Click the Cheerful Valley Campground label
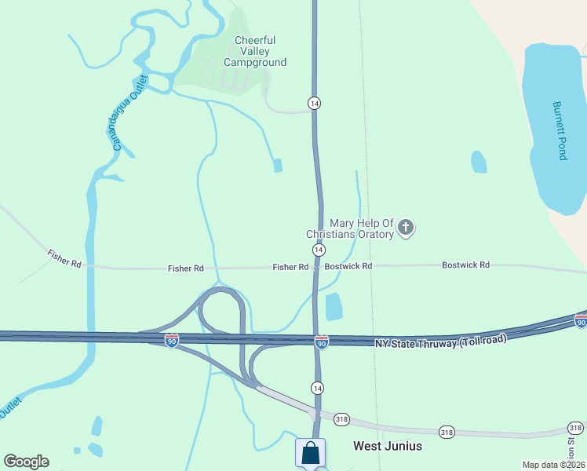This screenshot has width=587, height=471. (255, 52)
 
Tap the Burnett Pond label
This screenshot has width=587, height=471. (560, 130)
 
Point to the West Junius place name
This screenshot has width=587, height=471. (388, 446)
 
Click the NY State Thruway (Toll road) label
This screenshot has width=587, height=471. (441, 342)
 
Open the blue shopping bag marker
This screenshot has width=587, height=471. (310, 453)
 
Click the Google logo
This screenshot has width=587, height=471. (26, 462)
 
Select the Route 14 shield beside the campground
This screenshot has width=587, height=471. (314, 104)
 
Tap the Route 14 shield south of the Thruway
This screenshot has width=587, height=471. (317, 388)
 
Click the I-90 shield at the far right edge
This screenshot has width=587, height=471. (580, 322)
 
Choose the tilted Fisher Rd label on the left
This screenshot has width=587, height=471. (64, 259)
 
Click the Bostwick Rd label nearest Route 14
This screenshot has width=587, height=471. (348, 267)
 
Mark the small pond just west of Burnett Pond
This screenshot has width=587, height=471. (479, 162)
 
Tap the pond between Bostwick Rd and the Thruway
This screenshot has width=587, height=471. (334, 305)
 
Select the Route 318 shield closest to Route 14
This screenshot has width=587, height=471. (341, 418)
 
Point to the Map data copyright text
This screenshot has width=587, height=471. (553, 465)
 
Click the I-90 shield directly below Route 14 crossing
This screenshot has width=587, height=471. (322, 342)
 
